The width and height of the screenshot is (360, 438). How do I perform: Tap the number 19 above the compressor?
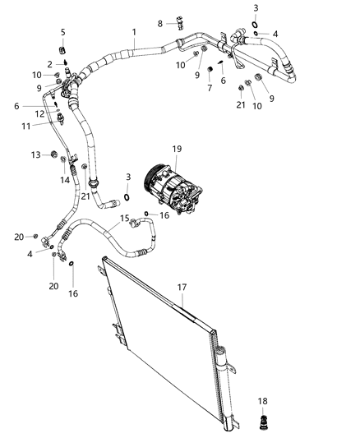tap(177, 148)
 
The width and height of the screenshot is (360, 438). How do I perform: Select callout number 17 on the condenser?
tap(182, 288)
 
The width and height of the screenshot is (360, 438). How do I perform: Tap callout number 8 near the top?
tap(161, 23)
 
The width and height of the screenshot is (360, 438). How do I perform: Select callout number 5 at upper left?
tap(62, 31)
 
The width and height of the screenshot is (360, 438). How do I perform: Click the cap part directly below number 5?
tap(62, 46)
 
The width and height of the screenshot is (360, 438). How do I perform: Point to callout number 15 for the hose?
tap(125, 218)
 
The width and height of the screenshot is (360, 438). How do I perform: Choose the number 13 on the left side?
tap(36, 154)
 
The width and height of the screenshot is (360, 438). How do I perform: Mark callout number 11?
tap(26, 126)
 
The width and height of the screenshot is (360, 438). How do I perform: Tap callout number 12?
tap(39, 113)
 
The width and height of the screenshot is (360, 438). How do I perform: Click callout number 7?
tap(210, 89)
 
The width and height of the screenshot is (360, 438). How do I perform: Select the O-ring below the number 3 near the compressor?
tap(127, 196)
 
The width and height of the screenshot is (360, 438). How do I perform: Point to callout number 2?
tap(49, 63)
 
